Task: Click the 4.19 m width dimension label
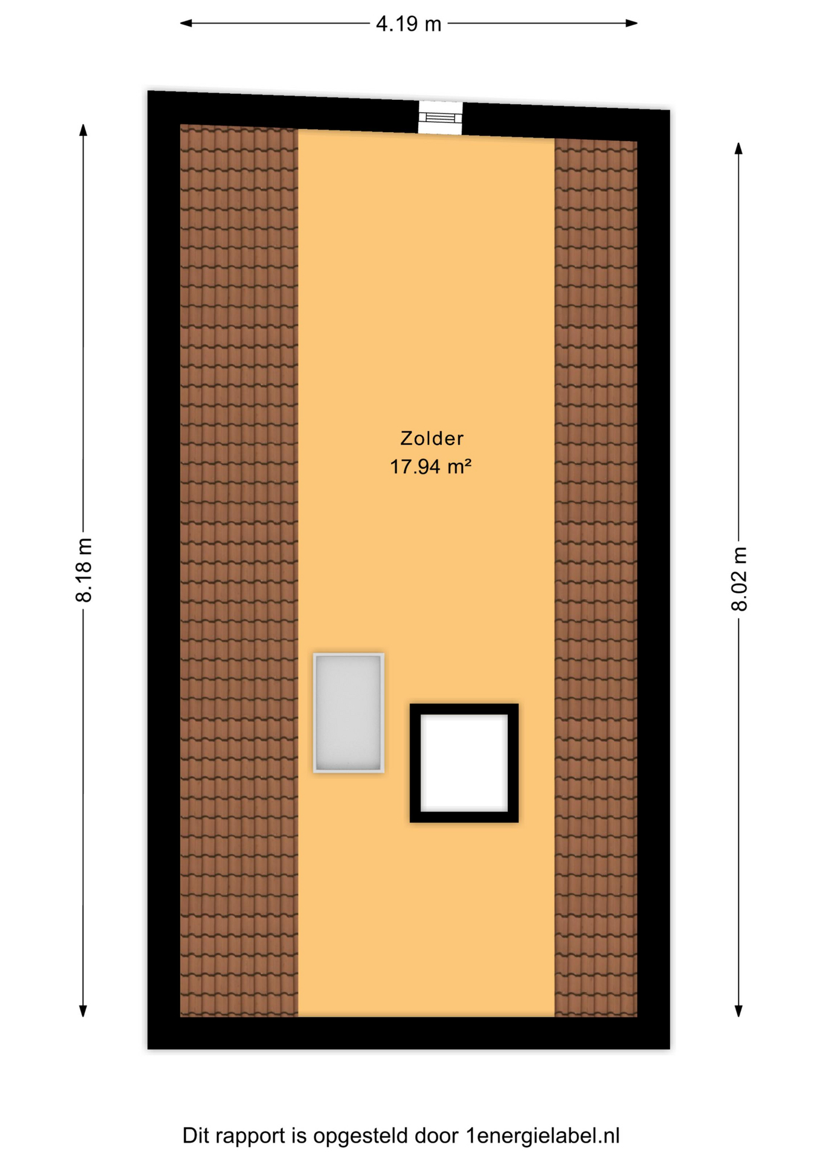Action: pyautogui.click(x=409, y=24)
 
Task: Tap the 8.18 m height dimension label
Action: pyautogui.click(x=84, y=570)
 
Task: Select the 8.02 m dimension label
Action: pyautogui.click(x=739, y=578)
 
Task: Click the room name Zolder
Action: pyautogui.click(x=432, y=438)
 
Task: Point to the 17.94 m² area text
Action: pyautogui.click(x=430, y=466)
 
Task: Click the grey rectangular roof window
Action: pyautogui.click(x=349, y=712)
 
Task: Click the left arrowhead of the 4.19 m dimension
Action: pyautogui.click(x=186, y=23)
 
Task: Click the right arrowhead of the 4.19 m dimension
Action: pyautogui.click(x=631, y=23)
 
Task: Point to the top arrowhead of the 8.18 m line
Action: pyautogui.click(x=84, y=130)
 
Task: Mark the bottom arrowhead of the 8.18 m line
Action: pyautogui.click(x=84, y=1010)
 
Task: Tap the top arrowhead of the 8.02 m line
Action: pyautogui.click(x=738, y=148)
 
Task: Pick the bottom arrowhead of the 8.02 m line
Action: pyautogui.click(x=738, y=1010)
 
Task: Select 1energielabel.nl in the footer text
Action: pyautogui.click(x=543, y=1135)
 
